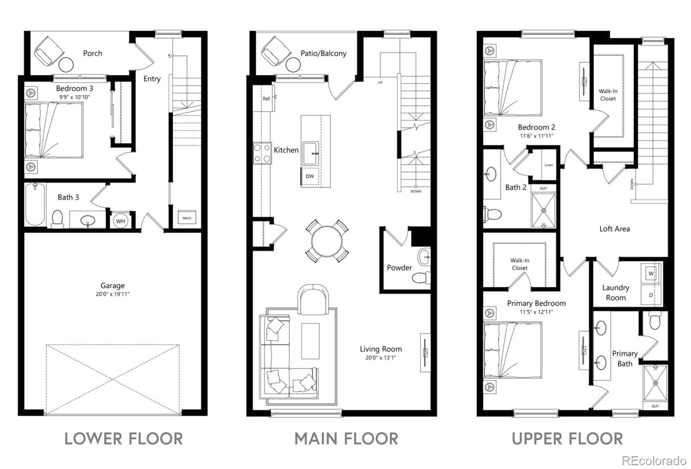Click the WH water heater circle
pyautogui.click(x=120, y=221)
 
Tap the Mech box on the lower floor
pyautogui.click(x=187, y=217)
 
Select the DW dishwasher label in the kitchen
pyautogui.click(x=310, y=176)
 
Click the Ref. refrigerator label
pyautogui.click(x=266, y=99)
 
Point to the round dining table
pyautogui.click(x=327, y=241)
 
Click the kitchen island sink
pyautogui.click(x=311, y=153)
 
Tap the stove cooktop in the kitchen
pyautogui.click(x=262, y=153)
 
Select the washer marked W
pyautogui.click(x=651, y=273)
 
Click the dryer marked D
pyautogui.click(x=651, y=295)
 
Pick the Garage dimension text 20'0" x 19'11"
pyautogui.click(x=112, y=294)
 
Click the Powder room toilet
pyautogui.click(x=422, y=278)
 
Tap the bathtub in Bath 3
pyautogui.click(x=35, y=204)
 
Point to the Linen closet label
pyautogui.click(x=549, y=165)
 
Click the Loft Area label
pyautogui.click(x=615, y=229)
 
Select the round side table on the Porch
pyautogui.click(x=67, y=65)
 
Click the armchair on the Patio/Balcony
pyautogui.click(x=276, y=51)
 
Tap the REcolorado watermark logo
pyautogui.click(x=654, y=461)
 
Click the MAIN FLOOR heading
pyautogui.click(x=346, y=439)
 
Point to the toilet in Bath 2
pyautogui.click(x=492, y=214)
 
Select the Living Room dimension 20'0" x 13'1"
pyautogui.click(x=380, y=358)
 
